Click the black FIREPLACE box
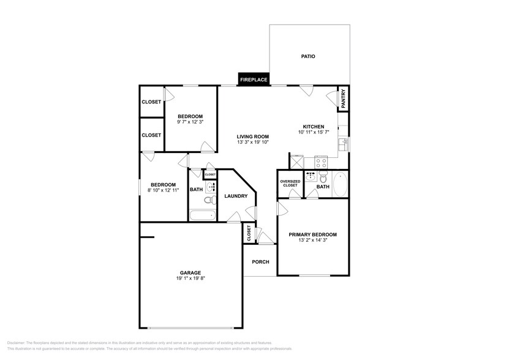254,80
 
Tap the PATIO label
308,56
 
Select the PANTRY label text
343,99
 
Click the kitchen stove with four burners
322,163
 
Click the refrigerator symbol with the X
297,163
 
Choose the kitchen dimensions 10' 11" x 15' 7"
314,132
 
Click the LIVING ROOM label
254,137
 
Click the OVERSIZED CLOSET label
290,183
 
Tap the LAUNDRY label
236,197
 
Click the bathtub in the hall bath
202,215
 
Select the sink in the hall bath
210,187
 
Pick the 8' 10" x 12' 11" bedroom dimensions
164,191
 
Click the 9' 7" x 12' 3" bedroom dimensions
190,122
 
